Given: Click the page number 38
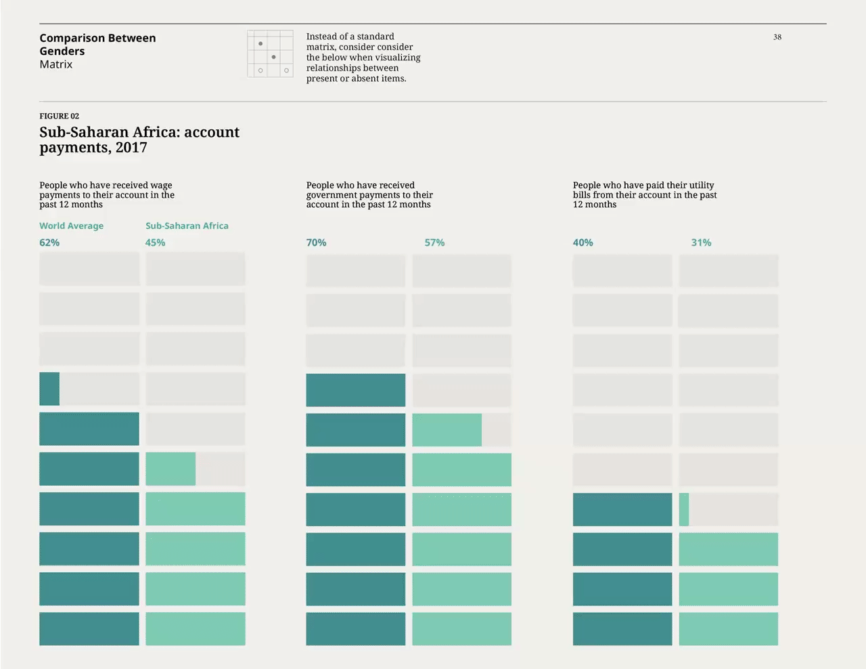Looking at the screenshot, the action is point(777,37).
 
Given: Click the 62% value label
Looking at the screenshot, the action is point(49,242).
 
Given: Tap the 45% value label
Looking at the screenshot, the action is point(155,242).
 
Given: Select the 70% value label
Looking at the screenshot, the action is point(316,242).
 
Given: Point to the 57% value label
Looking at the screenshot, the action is point(434,242).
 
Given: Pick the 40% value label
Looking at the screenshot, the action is point(583,242).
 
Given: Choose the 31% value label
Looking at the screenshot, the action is point(701,242).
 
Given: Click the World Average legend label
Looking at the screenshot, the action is point(71,225).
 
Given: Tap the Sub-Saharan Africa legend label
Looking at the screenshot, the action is point(187,225).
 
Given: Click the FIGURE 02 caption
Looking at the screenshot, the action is point(59,116).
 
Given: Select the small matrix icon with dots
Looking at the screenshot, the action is point(270,53).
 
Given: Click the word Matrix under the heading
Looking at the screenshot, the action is point(55,64).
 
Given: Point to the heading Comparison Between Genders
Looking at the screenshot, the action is point(97,44).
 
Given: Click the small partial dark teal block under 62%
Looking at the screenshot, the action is point(49,389).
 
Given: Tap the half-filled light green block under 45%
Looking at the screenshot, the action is point(170,469).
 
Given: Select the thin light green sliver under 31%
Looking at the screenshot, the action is point(684,509).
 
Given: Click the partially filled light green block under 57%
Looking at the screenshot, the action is point(447,430).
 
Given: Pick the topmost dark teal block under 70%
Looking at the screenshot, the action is point(355,390).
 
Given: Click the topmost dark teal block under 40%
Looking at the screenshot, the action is point(622,509).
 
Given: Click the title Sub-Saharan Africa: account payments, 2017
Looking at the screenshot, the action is point(139,139).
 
